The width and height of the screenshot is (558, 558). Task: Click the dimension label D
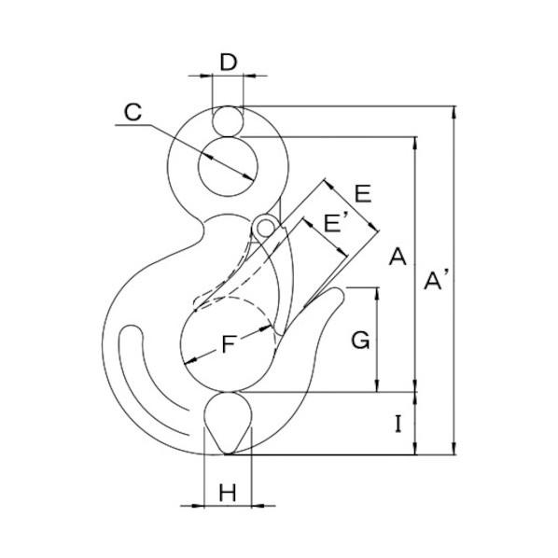click(x=228, y=62)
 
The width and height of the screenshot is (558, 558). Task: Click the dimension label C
click(x=133, y=112)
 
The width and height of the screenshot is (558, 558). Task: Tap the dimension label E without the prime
click(x=363, y=194)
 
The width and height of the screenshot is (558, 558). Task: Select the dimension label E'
click(x=335, y=223)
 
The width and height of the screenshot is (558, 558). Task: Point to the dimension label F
click(x=228, y=344)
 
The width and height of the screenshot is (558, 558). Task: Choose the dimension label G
click(x=360, y=340)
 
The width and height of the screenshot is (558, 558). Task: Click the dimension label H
click(x=228, y=493)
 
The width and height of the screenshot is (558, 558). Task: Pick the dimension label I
click(x=398, y=424)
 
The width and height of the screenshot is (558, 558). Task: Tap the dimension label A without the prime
click(x=398, y=257)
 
